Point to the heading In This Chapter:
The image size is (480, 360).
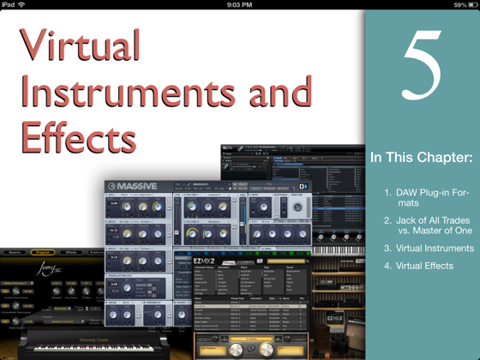(421, 159)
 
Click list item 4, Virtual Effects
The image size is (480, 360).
(419, 266)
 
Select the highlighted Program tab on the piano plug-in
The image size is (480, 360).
(44, 253)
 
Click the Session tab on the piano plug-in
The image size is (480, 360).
(15, 253)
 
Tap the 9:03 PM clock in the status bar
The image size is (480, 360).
(239, 5)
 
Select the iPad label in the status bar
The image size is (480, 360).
(9, 5)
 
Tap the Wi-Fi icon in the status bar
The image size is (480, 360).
(22, 5)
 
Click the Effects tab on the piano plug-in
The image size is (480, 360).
(72, 253)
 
